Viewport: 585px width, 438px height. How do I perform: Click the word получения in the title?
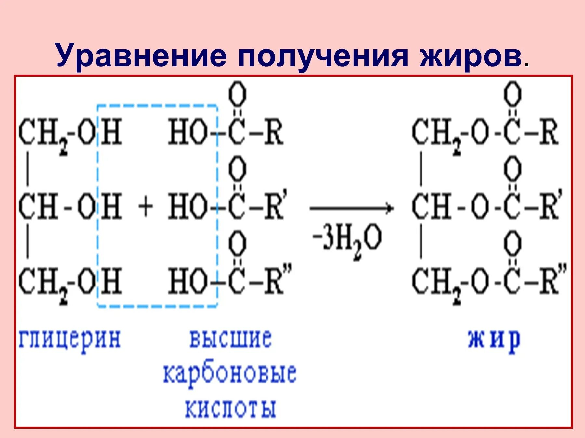click(x=323, y=56)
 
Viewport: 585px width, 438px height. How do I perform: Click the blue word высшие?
click(x=230, y=338)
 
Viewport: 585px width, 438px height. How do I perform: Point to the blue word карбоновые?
click(x=229, y=373)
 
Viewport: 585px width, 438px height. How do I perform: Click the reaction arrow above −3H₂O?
click(x=351, y=208)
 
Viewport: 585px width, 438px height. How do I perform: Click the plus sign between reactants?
click(x=145, y=207)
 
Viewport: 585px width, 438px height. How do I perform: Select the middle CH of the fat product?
click(x=432, y=207)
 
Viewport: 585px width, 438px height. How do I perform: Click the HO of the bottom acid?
click(x=188, y=281)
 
